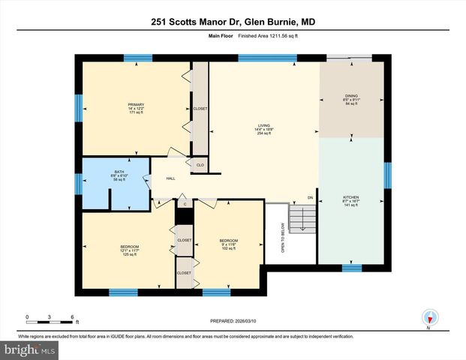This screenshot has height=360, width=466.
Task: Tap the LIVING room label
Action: [263, 129]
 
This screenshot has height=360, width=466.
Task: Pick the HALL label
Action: [170, 178]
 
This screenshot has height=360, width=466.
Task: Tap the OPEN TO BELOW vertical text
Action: [282, 239]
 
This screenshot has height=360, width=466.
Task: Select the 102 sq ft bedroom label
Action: [229, 244]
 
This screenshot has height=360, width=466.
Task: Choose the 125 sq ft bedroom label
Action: [130, 250]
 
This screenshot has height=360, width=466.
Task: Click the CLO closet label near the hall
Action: [200, 165]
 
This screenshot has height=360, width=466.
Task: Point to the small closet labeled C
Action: [185, 203]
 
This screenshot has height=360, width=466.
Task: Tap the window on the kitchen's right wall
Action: [387, 175]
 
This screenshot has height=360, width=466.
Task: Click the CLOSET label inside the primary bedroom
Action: [200, 109]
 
